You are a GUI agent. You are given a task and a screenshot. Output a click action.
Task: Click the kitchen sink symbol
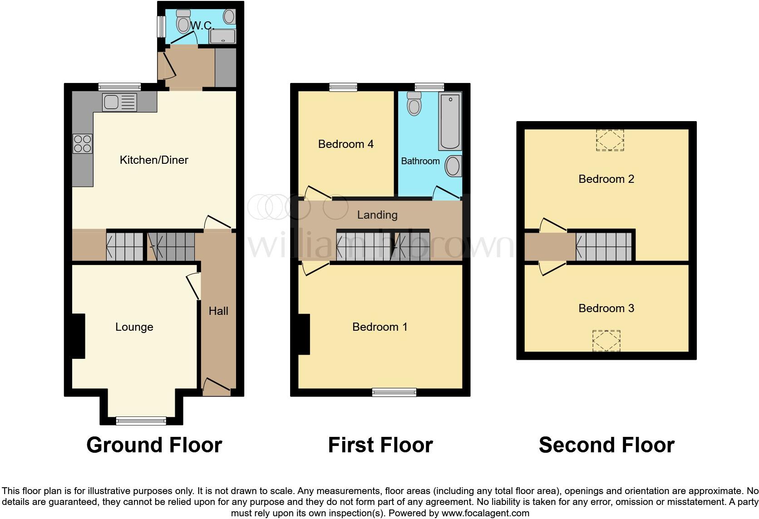pos(119,102)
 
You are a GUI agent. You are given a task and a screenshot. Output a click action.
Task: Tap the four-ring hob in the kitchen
pos(82,143)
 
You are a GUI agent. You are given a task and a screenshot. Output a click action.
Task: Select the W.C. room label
pos(202,25)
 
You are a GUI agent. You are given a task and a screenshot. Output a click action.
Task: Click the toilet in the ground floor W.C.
pos(184,21)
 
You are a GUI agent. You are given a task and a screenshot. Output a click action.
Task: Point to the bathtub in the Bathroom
pos(450,121)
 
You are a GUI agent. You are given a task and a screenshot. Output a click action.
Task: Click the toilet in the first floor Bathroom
pos(414,104)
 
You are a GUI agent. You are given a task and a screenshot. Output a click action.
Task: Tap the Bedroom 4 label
pos(345,144)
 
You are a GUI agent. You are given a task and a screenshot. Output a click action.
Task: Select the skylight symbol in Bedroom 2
pos(610,140)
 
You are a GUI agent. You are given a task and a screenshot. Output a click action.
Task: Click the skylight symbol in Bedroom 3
pos(606,340)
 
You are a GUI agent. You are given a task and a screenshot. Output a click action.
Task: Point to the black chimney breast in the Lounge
pos(79,336)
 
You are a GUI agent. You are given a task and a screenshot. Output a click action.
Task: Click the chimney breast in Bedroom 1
pos(304,334)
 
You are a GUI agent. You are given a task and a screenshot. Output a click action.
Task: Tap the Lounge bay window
pos(141,421)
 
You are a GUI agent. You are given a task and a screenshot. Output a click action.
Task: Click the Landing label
pos(377,215)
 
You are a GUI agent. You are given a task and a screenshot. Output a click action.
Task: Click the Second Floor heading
pos(606,445)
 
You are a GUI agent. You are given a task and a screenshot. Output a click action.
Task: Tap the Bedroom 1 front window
pos(394,392)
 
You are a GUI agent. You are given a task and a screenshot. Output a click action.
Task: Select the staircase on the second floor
pos(604,247)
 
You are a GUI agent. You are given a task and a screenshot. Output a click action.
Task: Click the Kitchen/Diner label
pos(153,160)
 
